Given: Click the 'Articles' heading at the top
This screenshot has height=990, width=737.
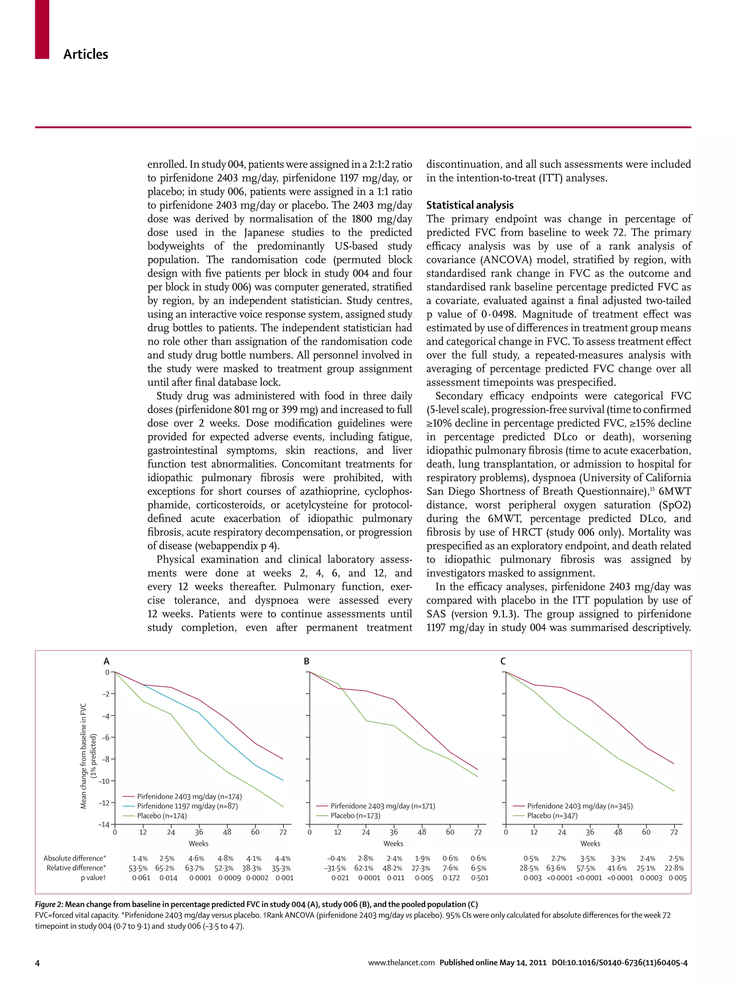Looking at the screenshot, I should point(85,54).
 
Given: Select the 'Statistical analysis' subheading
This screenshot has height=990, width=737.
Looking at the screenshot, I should point(469,205).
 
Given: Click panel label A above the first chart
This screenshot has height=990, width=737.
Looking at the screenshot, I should point(106,661).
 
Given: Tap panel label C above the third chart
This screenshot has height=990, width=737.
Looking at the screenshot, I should point(503,661).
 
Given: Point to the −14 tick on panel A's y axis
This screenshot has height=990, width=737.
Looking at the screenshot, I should point(104,824).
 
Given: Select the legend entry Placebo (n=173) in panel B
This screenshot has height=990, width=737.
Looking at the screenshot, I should point(355,815).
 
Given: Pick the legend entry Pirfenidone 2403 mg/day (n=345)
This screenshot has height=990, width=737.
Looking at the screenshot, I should point(579,806).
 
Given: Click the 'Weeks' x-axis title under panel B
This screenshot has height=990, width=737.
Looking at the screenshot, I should point(393,843).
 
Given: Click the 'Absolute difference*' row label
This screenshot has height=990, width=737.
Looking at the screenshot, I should point(74,858).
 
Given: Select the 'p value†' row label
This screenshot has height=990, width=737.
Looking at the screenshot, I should point(93,878).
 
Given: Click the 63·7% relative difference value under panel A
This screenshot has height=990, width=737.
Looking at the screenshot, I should point(195,868).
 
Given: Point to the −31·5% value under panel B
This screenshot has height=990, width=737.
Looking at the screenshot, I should point(335,868).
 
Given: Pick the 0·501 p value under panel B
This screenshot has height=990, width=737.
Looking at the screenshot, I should point(480,878).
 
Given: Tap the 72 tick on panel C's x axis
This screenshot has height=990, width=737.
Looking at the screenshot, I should point(674,832).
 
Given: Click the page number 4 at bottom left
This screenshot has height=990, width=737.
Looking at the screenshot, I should point(37,963).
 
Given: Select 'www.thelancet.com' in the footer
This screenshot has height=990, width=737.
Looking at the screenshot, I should point(401,963).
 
